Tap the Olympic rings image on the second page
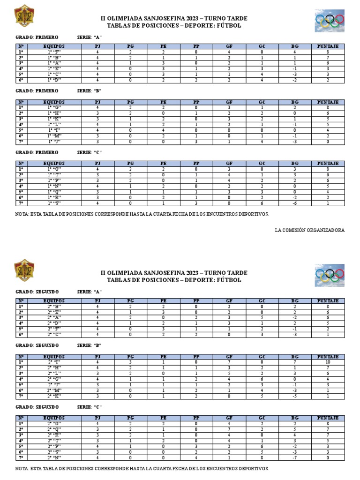pos(330,274)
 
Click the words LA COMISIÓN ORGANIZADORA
pos(309,230)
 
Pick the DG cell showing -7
pos(295,457)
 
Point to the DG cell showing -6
pos(295,203)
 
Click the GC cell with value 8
pos(262,457)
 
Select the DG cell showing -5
pos(295,396)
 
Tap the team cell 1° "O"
pos(54,169)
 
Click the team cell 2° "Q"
pos(54,429)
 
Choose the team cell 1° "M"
pos(54,136)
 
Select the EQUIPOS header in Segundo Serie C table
pos(54,418)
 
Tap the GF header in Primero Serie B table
pos(229,102)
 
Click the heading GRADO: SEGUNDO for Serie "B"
pos(37,345)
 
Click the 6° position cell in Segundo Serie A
pos(21,334)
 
